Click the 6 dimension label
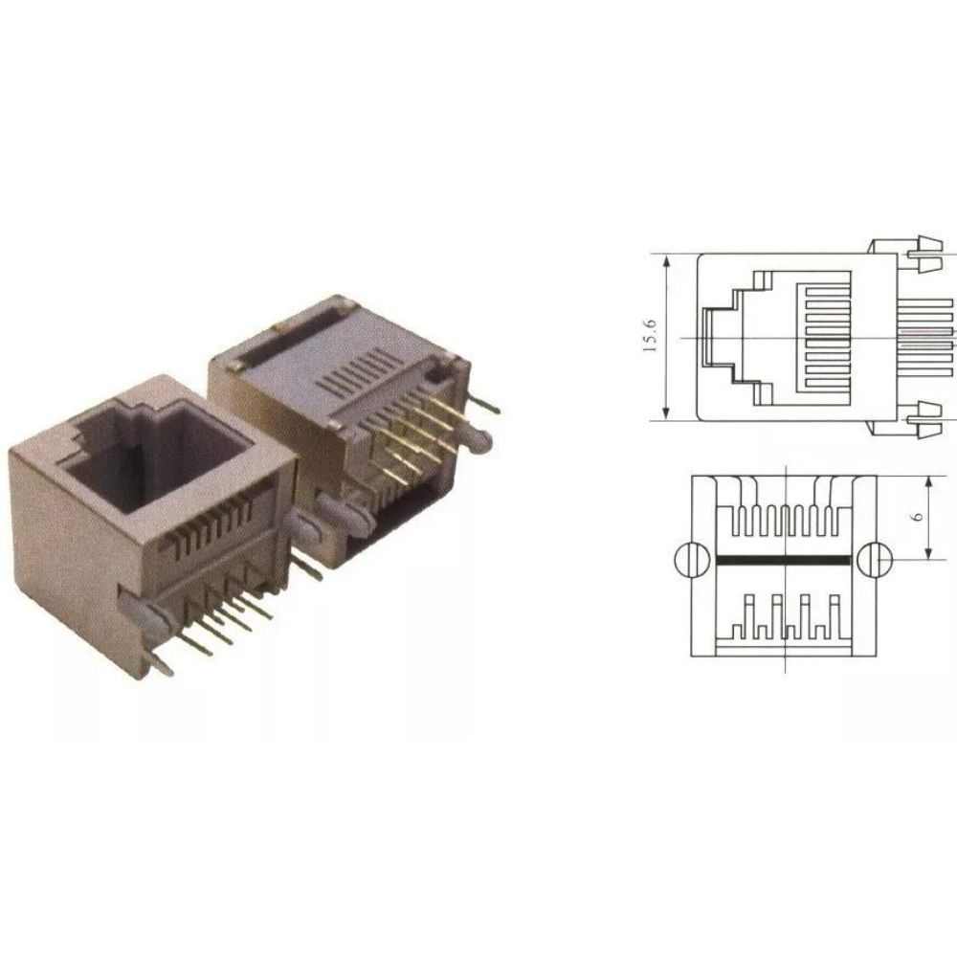918,516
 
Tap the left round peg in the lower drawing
689,560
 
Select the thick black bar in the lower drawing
782,559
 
